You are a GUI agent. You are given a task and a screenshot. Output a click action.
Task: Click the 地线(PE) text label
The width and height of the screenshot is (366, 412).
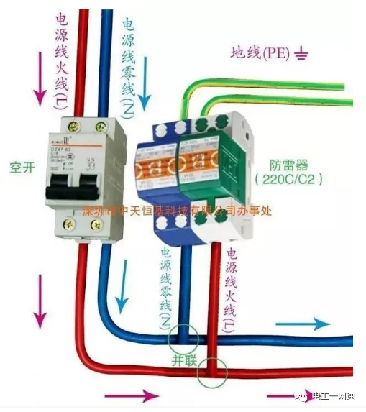click(x=259, y=52)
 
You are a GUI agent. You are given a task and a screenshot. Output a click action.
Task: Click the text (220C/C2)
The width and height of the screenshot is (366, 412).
click(x=288, y=178)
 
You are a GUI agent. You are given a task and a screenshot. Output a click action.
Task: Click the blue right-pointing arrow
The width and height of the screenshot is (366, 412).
click(x=303, y=324)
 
